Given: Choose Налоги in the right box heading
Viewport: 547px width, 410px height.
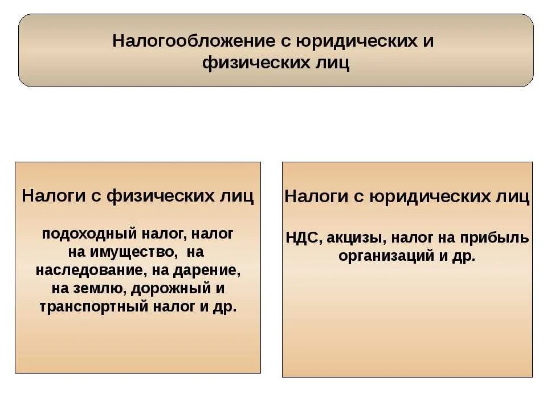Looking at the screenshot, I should coord(312,197).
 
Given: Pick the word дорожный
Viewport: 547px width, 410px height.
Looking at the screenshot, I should coord(169,288).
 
